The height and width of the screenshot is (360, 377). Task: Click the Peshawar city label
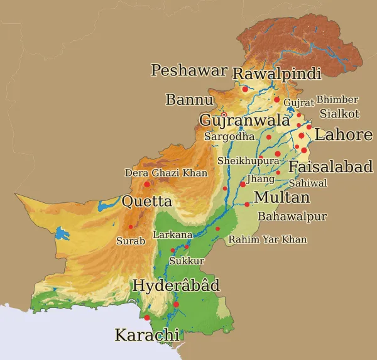188,70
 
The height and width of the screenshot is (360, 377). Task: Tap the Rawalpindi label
276,74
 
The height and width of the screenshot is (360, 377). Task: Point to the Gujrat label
298,102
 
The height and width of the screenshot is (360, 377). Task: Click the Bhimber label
337,100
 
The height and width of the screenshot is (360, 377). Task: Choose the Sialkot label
339,114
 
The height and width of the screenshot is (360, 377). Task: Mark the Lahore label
344,134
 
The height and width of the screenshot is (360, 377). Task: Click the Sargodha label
229,136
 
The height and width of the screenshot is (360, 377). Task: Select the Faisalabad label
331,167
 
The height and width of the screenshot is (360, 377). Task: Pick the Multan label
281,198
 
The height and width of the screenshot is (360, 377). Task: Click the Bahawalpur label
293,217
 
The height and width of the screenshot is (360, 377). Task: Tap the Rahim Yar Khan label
268,239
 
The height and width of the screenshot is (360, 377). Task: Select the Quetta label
146,202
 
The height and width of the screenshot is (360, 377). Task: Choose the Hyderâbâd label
176,286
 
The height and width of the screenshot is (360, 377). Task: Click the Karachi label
146,335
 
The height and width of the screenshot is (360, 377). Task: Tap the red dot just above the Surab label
131,227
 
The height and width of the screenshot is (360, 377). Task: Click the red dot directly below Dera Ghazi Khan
147,184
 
